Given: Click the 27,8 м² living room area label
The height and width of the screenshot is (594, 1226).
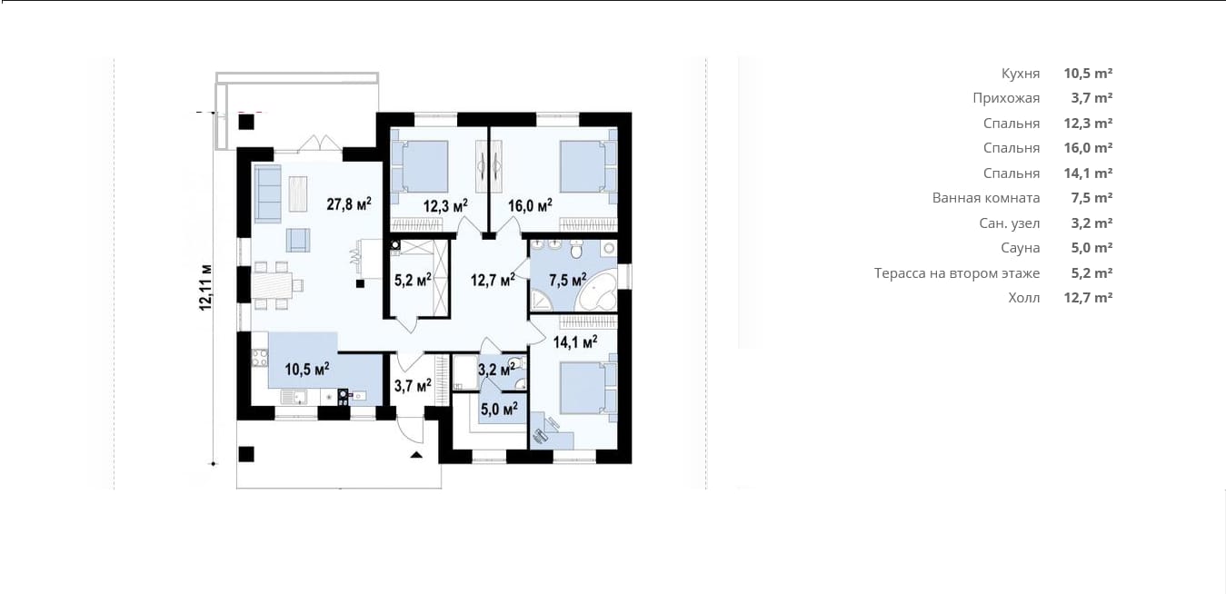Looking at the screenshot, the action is [349, 204].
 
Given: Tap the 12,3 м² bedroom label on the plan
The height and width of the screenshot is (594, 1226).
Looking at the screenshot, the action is [445, 205].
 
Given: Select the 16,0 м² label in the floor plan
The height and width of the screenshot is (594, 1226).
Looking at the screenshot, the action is [530, 205].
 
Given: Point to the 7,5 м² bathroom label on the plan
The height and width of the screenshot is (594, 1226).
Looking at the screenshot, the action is [568, 281].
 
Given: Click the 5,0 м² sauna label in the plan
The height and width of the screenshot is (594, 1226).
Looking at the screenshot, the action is [499, 409].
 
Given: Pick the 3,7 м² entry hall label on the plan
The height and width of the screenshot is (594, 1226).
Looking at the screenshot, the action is [413, 386].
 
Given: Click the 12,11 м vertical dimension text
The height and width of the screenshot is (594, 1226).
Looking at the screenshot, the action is [205, 288].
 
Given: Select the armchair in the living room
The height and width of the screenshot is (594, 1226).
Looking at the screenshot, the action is [298, 240].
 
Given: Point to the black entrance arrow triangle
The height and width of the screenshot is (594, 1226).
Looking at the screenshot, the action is [416, 454].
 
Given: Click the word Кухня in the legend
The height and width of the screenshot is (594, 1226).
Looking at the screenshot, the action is [1021, 74].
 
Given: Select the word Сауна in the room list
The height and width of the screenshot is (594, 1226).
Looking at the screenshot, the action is [1021, 248].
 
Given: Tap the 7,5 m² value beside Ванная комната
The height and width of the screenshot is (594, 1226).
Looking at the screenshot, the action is [1091, 198].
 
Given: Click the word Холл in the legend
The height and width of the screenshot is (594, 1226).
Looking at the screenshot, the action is [1024, 298].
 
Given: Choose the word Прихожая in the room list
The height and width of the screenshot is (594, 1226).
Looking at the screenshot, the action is [1006, 98].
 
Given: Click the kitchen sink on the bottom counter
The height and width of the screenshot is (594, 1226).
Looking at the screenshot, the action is [294, 397].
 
